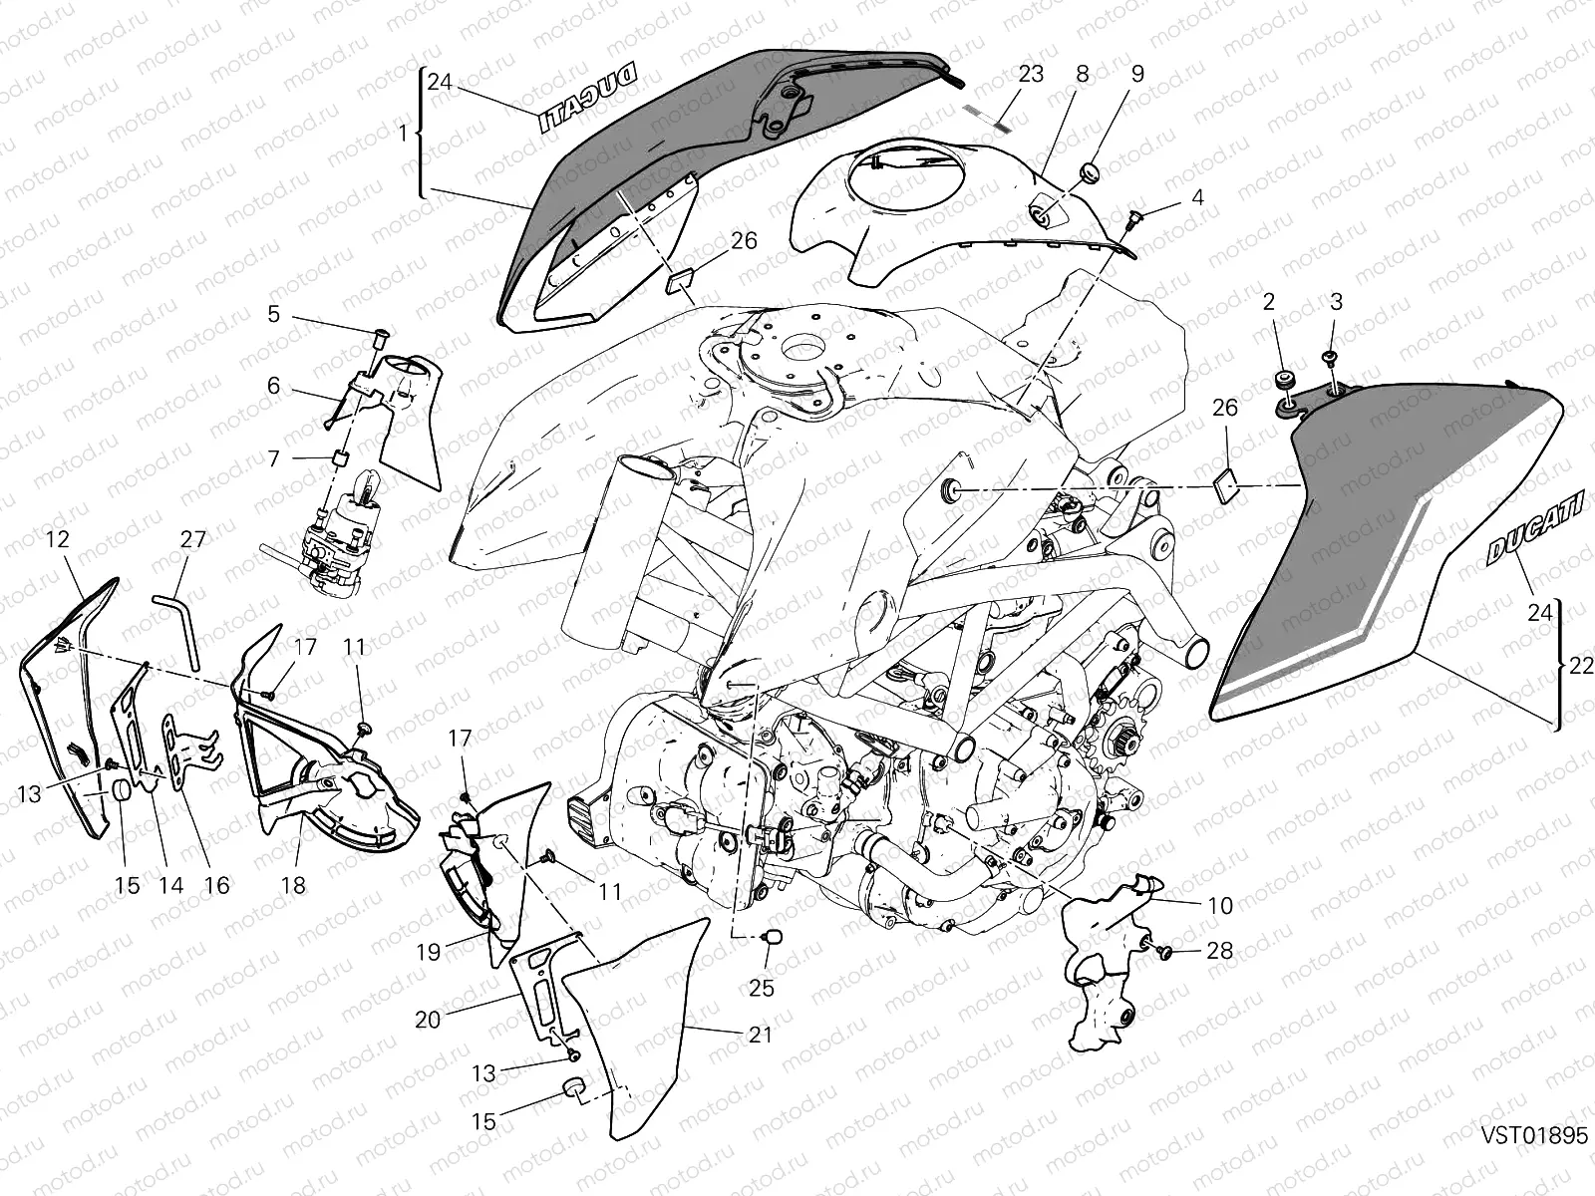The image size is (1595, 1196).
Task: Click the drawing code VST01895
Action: pos(1533,1137)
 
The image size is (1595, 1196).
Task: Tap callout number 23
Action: pos(1031,74)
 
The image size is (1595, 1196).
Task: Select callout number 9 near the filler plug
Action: pos(1137,74)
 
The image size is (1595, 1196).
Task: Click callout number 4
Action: pos(1197,198)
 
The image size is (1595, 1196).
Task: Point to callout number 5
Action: pos(273,315)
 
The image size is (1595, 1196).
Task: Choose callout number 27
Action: pos(192,540)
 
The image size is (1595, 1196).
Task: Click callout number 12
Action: pos(57,540)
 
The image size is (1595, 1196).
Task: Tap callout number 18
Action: pos(294,885)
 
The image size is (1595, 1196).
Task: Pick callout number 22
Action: pos(1581,668)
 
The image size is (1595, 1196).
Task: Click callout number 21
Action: pos(761,1036)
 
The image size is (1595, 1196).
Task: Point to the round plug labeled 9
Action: pos(1089,170)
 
